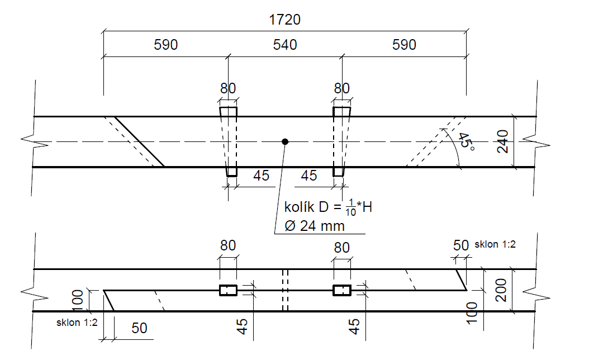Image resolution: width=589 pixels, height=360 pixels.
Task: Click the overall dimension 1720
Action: pos(285,20)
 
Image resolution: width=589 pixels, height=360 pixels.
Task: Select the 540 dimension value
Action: pos(285,45)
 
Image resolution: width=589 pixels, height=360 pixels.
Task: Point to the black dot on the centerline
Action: pos(285,142)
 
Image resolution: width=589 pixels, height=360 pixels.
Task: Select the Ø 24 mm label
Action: pos(314,226)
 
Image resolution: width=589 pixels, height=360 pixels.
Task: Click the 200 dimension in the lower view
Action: pos(501,291)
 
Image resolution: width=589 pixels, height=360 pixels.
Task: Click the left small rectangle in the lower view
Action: pos(228,290)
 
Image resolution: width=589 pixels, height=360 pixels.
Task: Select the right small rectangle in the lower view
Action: pos(342,290)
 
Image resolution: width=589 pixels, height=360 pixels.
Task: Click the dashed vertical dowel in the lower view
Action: pos(285,290)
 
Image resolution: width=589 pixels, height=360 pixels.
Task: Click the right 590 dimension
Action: pos(404,45)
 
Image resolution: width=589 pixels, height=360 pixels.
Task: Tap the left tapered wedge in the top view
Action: pos(229,141)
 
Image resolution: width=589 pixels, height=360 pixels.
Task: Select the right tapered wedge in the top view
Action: pos(341,141)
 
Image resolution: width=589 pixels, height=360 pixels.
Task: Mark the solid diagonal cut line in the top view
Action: pos(139,142)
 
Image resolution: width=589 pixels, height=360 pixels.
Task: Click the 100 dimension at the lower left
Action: pos(78,301)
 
